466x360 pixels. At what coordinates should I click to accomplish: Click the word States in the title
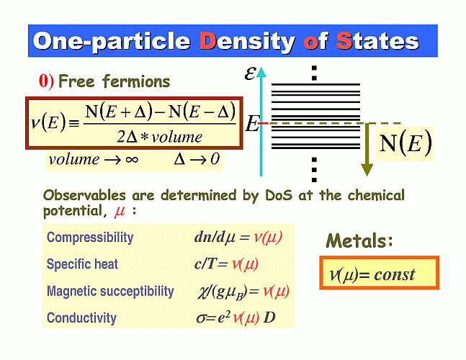tap(377, 41)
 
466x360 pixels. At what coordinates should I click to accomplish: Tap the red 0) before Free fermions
tap(46, 81)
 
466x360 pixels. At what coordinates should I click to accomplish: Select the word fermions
tap(136, 81)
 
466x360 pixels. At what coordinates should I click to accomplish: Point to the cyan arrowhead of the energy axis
tap(261, 71)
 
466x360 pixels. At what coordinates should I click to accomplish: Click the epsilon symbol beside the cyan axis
tap(250, 73)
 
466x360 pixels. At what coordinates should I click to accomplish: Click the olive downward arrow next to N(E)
tap(367, 150)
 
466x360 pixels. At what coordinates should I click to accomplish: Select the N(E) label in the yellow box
tap(405, 144)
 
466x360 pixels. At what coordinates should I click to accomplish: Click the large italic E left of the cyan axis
tap(252, 124)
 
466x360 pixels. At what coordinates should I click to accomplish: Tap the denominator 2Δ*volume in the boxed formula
tap(159, 137)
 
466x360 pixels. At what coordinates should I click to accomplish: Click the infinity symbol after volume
tap(132, 160)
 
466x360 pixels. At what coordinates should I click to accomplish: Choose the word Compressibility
tap(90, 238)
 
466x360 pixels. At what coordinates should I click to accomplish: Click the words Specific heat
tap(82, 264)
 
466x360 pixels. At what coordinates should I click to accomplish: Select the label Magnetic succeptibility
tap(110, 291)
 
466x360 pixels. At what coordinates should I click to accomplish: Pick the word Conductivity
tap(81, 318)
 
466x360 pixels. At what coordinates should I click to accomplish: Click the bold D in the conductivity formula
tap(269, 318)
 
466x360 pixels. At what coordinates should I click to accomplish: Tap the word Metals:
tap(359, 240)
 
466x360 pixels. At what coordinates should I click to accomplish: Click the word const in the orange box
tap(395, 275)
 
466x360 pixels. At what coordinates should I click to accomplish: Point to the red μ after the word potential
tap(120, 212)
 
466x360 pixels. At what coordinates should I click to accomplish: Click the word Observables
tap(84, 195)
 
